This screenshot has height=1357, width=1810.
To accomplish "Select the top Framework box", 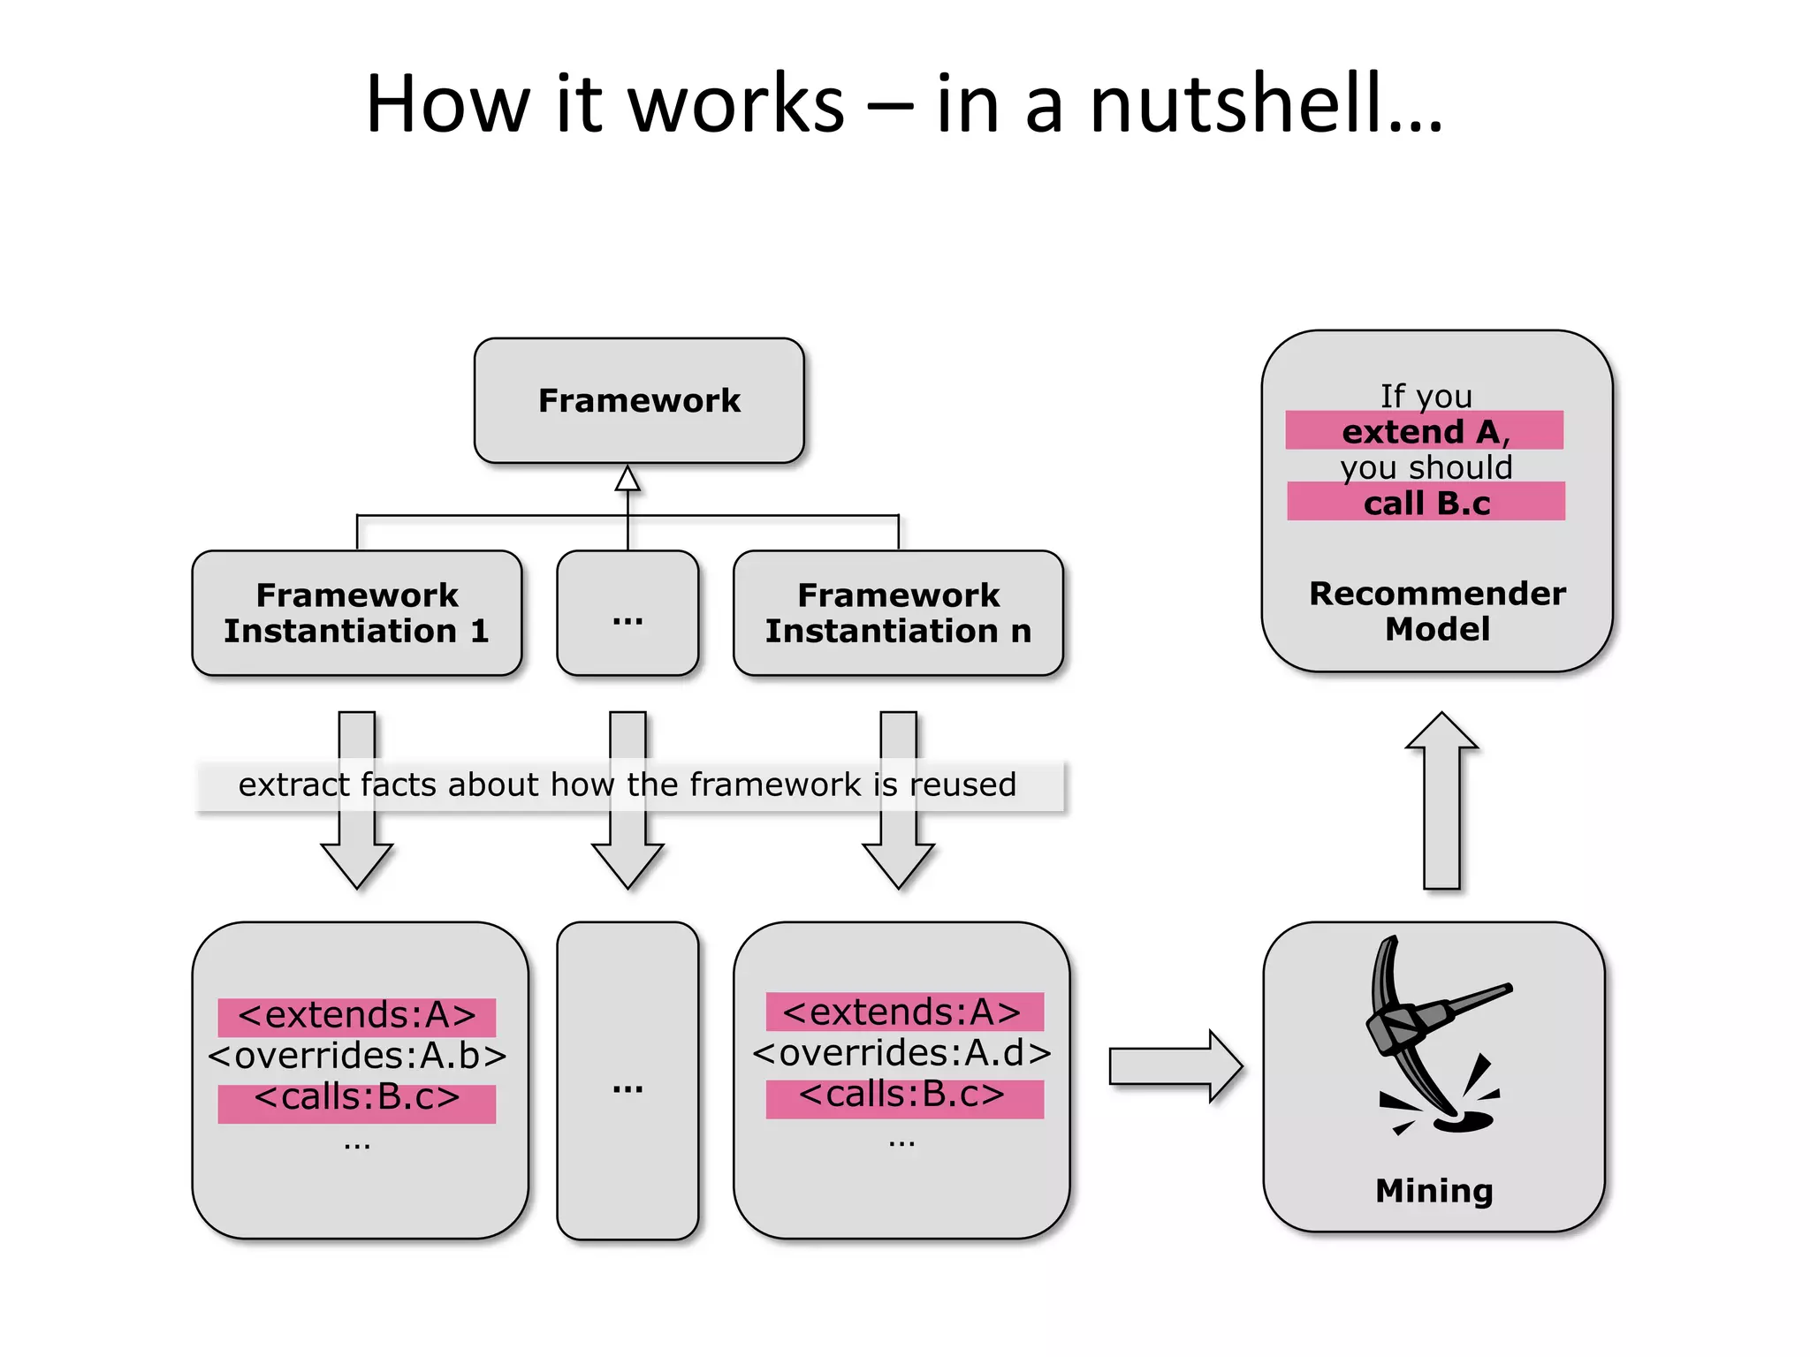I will (x=639, y=400).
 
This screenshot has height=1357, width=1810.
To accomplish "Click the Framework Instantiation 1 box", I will (x=356, y=613).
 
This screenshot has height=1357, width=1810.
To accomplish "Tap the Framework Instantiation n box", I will (x=898, y=613).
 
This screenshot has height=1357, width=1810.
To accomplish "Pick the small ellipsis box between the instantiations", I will (x=627, y=613).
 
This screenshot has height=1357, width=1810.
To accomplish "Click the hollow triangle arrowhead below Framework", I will (x=627, y=479).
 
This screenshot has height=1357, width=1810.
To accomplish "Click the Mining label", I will (x=1434, y=1191).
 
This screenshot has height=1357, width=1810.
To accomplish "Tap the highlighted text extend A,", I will (x=1425, y=431).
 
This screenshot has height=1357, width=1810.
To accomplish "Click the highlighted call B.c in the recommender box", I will (x=1426, y=503).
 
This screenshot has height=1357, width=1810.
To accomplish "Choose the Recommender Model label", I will (x=1437, y=611).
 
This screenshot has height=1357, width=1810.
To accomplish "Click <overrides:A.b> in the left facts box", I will (x=357, y=1056).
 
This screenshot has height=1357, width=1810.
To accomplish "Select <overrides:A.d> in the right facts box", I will (x=901, y=1053).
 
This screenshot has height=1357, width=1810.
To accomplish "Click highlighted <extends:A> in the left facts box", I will (x=357, y=1016).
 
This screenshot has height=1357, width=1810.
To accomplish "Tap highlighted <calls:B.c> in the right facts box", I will (x=902, y=1095).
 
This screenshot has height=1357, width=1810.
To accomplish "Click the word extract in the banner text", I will (x=294, y=785).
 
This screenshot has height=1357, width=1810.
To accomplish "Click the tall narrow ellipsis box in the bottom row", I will (x=627, y=1080).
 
